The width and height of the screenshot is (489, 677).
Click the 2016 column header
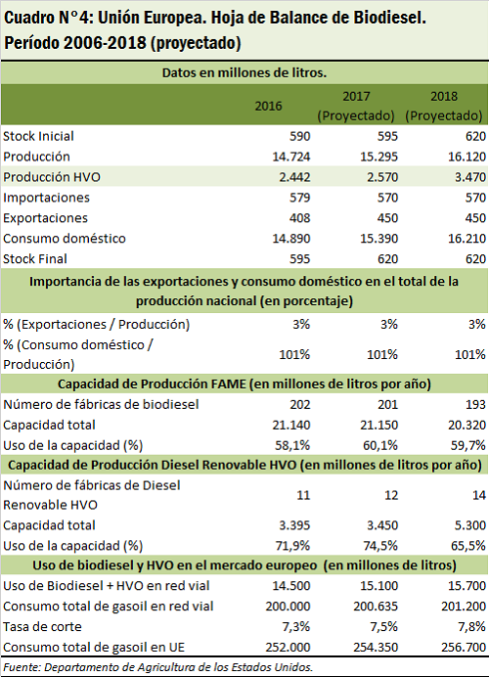point(268,106)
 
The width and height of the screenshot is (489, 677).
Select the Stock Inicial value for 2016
point(299,136)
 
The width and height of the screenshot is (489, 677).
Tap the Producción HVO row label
point(52,177)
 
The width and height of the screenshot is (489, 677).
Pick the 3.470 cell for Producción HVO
point(470,177)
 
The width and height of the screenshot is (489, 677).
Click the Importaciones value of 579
point(299,198)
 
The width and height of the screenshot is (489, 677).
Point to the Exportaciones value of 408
point(299,218)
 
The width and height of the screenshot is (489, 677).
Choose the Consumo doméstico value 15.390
point(378,239)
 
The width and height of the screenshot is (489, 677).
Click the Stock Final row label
point(35,259)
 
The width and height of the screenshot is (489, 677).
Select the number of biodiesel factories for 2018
point(475,405)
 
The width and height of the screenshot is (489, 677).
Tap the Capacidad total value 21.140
point(291,425)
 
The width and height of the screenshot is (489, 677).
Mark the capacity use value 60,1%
point(380,445)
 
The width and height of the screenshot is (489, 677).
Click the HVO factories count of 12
point(391,495)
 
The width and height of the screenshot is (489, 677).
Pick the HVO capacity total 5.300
point(470,525)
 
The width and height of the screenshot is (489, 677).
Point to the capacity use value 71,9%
point(292,546)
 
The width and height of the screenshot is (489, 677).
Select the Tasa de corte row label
point(42,626)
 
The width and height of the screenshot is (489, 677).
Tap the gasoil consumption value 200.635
point(376,607)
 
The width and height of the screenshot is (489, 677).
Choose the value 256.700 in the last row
point(464,648)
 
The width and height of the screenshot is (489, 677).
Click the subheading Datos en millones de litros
point(244,72)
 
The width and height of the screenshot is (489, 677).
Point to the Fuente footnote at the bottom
point(158,667)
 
